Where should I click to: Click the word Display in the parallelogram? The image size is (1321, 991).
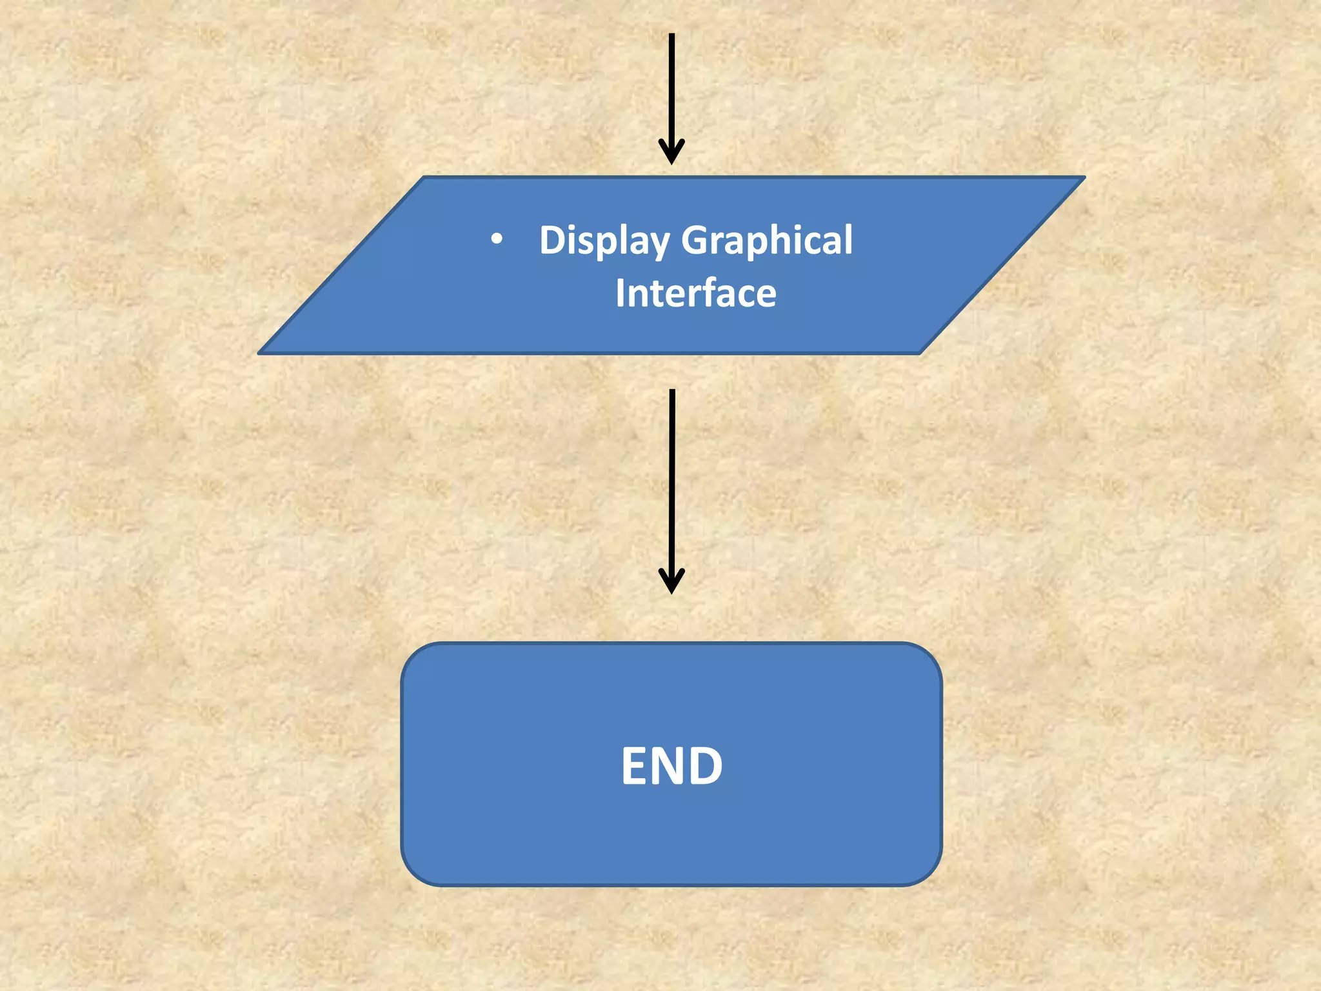604,241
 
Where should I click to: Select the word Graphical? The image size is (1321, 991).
767,241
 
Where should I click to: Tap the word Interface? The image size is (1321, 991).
695,294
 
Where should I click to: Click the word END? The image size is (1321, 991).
671,766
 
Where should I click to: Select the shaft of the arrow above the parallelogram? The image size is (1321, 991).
671,84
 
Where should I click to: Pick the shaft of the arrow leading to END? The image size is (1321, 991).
671,477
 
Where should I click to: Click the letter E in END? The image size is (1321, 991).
635,766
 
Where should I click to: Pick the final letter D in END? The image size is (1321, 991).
707,766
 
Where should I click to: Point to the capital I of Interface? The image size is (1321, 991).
620,294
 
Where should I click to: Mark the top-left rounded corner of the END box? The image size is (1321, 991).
413,654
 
